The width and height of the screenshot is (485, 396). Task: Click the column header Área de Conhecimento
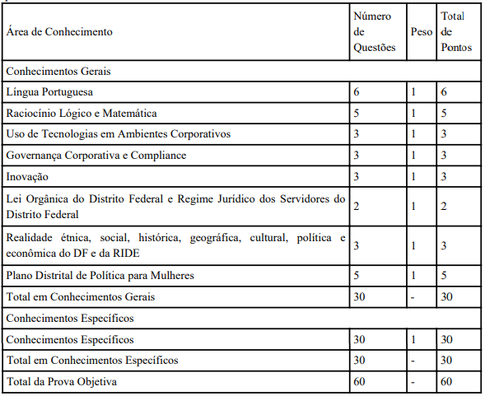59,32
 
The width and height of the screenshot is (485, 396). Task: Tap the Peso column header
421,32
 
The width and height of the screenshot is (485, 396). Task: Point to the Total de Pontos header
456,32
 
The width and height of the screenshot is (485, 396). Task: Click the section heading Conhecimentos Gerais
58,72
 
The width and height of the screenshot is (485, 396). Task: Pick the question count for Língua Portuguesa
357,92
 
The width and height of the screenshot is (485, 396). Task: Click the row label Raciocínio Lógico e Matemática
81,113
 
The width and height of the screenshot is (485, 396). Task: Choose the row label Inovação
27,175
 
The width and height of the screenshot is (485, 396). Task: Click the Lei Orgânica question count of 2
357,205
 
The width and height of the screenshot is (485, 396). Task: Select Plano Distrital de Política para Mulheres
100,275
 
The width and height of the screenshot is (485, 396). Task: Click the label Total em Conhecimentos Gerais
81,296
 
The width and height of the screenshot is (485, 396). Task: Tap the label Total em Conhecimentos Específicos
91,361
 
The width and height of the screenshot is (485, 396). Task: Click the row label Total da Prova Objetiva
61,382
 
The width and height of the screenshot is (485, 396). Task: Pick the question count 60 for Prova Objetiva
360,382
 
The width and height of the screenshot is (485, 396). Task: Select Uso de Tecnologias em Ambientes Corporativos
118,133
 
